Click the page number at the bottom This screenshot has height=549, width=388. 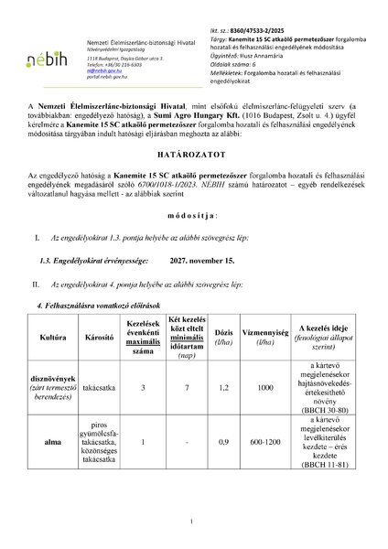pos(193,523)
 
